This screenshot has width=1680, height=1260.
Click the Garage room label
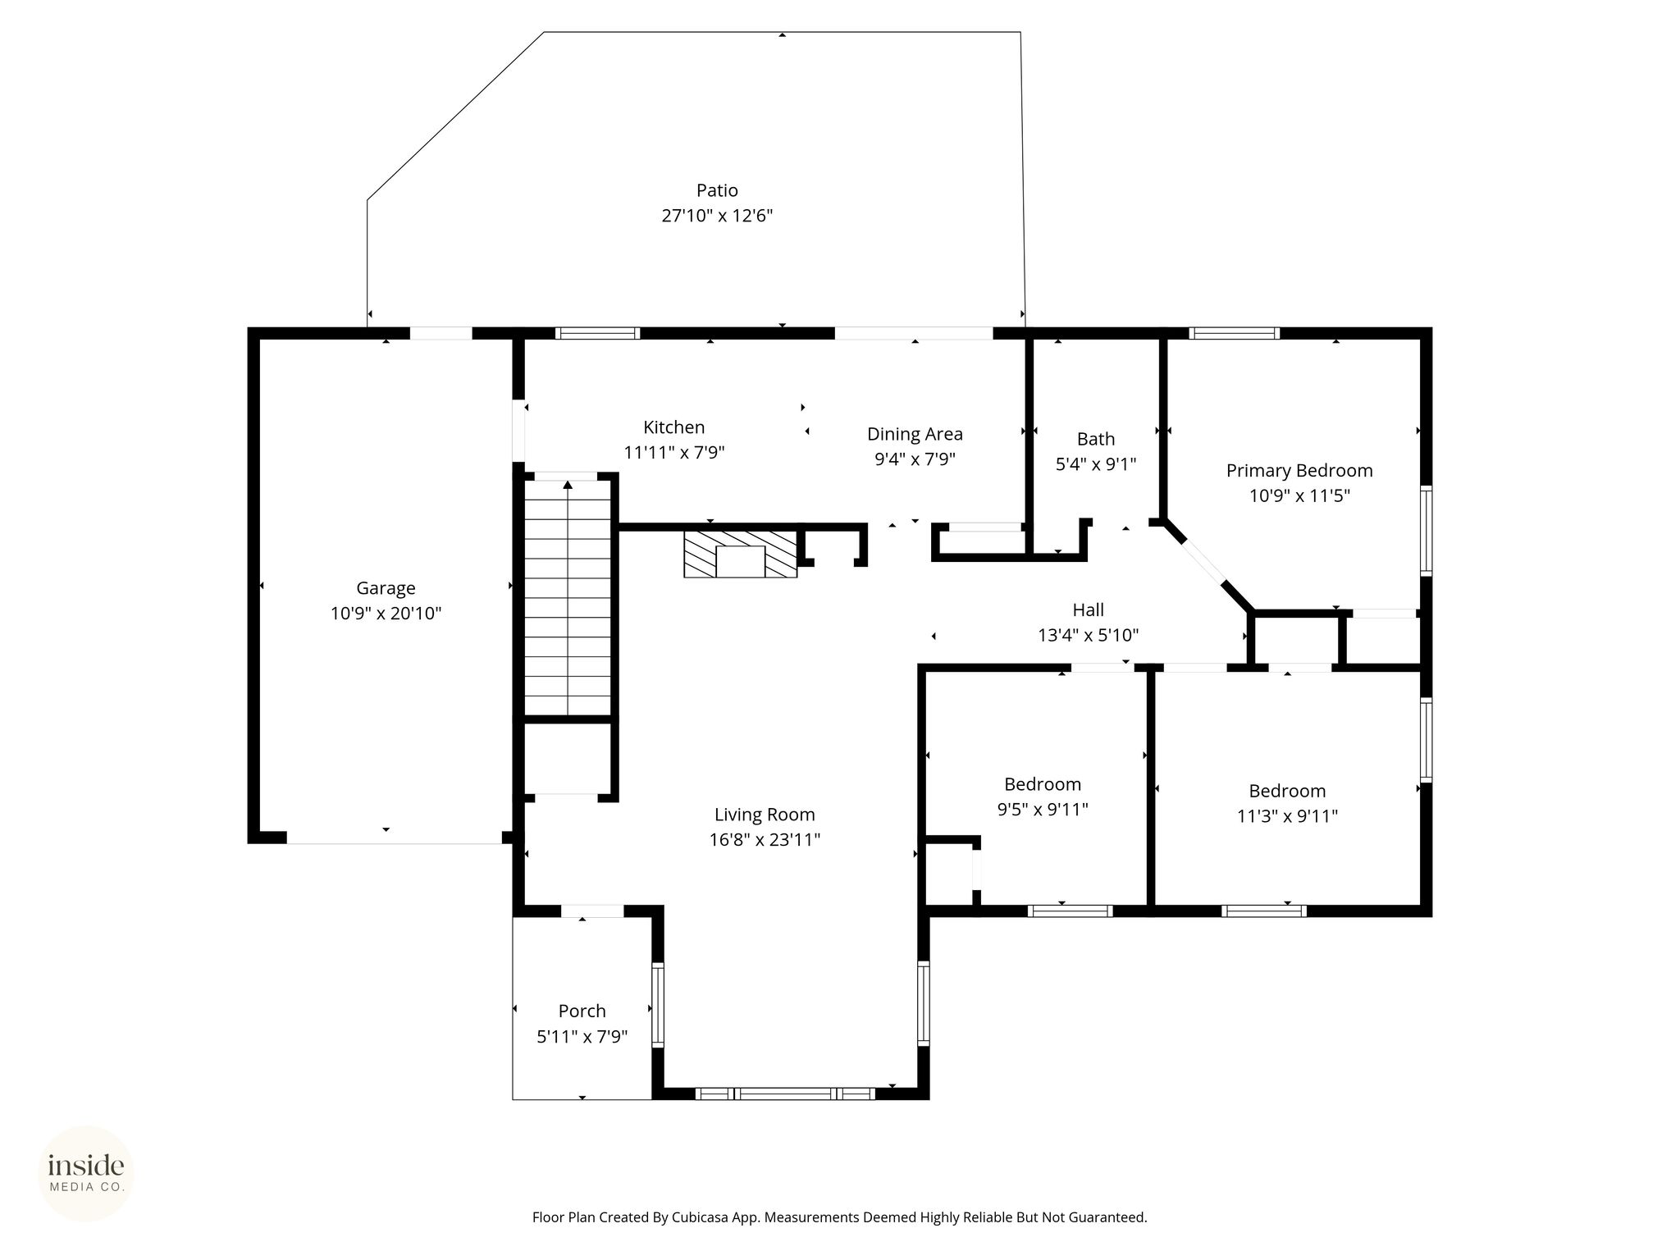tap(386, 588)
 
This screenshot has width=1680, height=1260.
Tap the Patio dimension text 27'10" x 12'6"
tap(718, 216)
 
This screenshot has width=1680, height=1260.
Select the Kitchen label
tap(674, 427)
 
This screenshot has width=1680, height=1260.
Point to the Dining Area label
tap(915, 434)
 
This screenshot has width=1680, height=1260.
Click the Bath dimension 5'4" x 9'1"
tap(1096, 464)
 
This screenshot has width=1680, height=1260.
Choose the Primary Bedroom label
tap(1299, 471)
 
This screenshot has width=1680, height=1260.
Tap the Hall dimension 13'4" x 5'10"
tap(1089, 635)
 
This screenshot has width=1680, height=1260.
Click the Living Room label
tap(765, 815)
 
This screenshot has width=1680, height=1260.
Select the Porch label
tap(582, 1011)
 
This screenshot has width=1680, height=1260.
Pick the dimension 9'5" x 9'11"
tap(1043, 810)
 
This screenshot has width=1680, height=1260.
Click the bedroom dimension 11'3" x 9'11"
tap(1288, 816)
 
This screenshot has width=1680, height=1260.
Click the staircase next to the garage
tap(568, 597)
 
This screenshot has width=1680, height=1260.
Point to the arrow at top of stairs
tap(568, 485)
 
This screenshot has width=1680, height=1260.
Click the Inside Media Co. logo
tap(86, 1173)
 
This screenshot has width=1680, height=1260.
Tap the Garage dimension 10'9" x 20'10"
tap(386, 614)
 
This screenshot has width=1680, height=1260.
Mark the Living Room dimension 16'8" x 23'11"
tap(765, 840)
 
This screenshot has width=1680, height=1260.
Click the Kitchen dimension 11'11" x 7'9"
tap(674, 452)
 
